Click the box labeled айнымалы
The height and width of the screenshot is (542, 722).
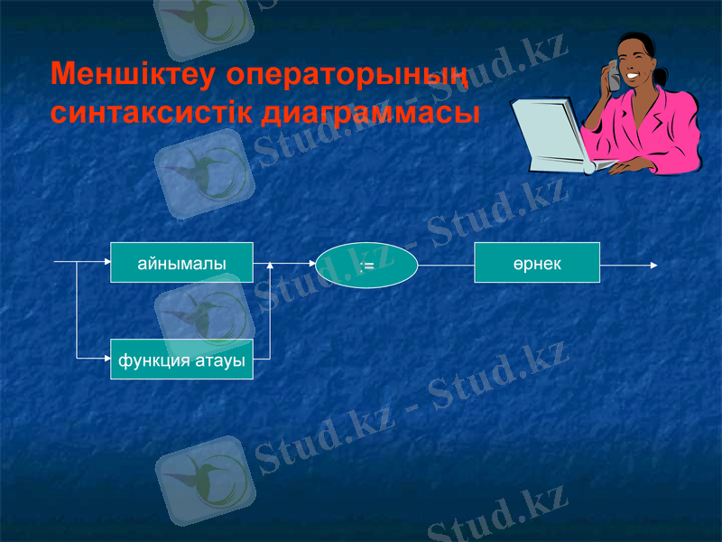pyautogui.click(x=181, y=263)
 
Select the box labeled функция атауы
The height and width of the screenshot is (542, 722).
pyautogui.click(x=181, y=360)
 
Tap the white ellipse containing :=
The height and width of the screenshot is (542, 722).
pyautogui.click(x=366, y=266)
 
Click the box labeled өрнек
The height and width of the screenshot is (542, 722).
pyautogui.click(x=537, y=263)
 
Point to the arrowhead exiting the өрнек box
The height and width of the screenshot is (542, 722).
pyautogui.click(x=653, y=266)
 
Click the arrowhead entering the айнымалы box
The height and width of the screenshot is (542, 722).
pyautogui.click(x=106, y=263)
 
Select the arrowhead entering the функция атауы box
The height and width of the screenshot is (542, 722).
pyautogui.click(x=106, y=359)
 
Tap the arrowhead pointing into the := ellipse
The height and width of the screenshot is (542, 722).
pyautogui.click(x=310, y=265)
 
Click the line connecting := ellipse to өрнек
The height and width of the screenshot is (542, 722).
pyautogui.click(x=447, y=266)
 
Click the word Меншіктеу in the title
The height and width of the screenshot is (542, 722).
pyautogui.click(x=132, y=75)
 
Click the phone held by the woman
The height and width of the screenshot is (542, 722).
pyautogui.click(x=613, y=76)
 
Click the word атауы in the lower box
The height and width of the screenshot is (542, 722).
pyautogui.click(x=220, y=360)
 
